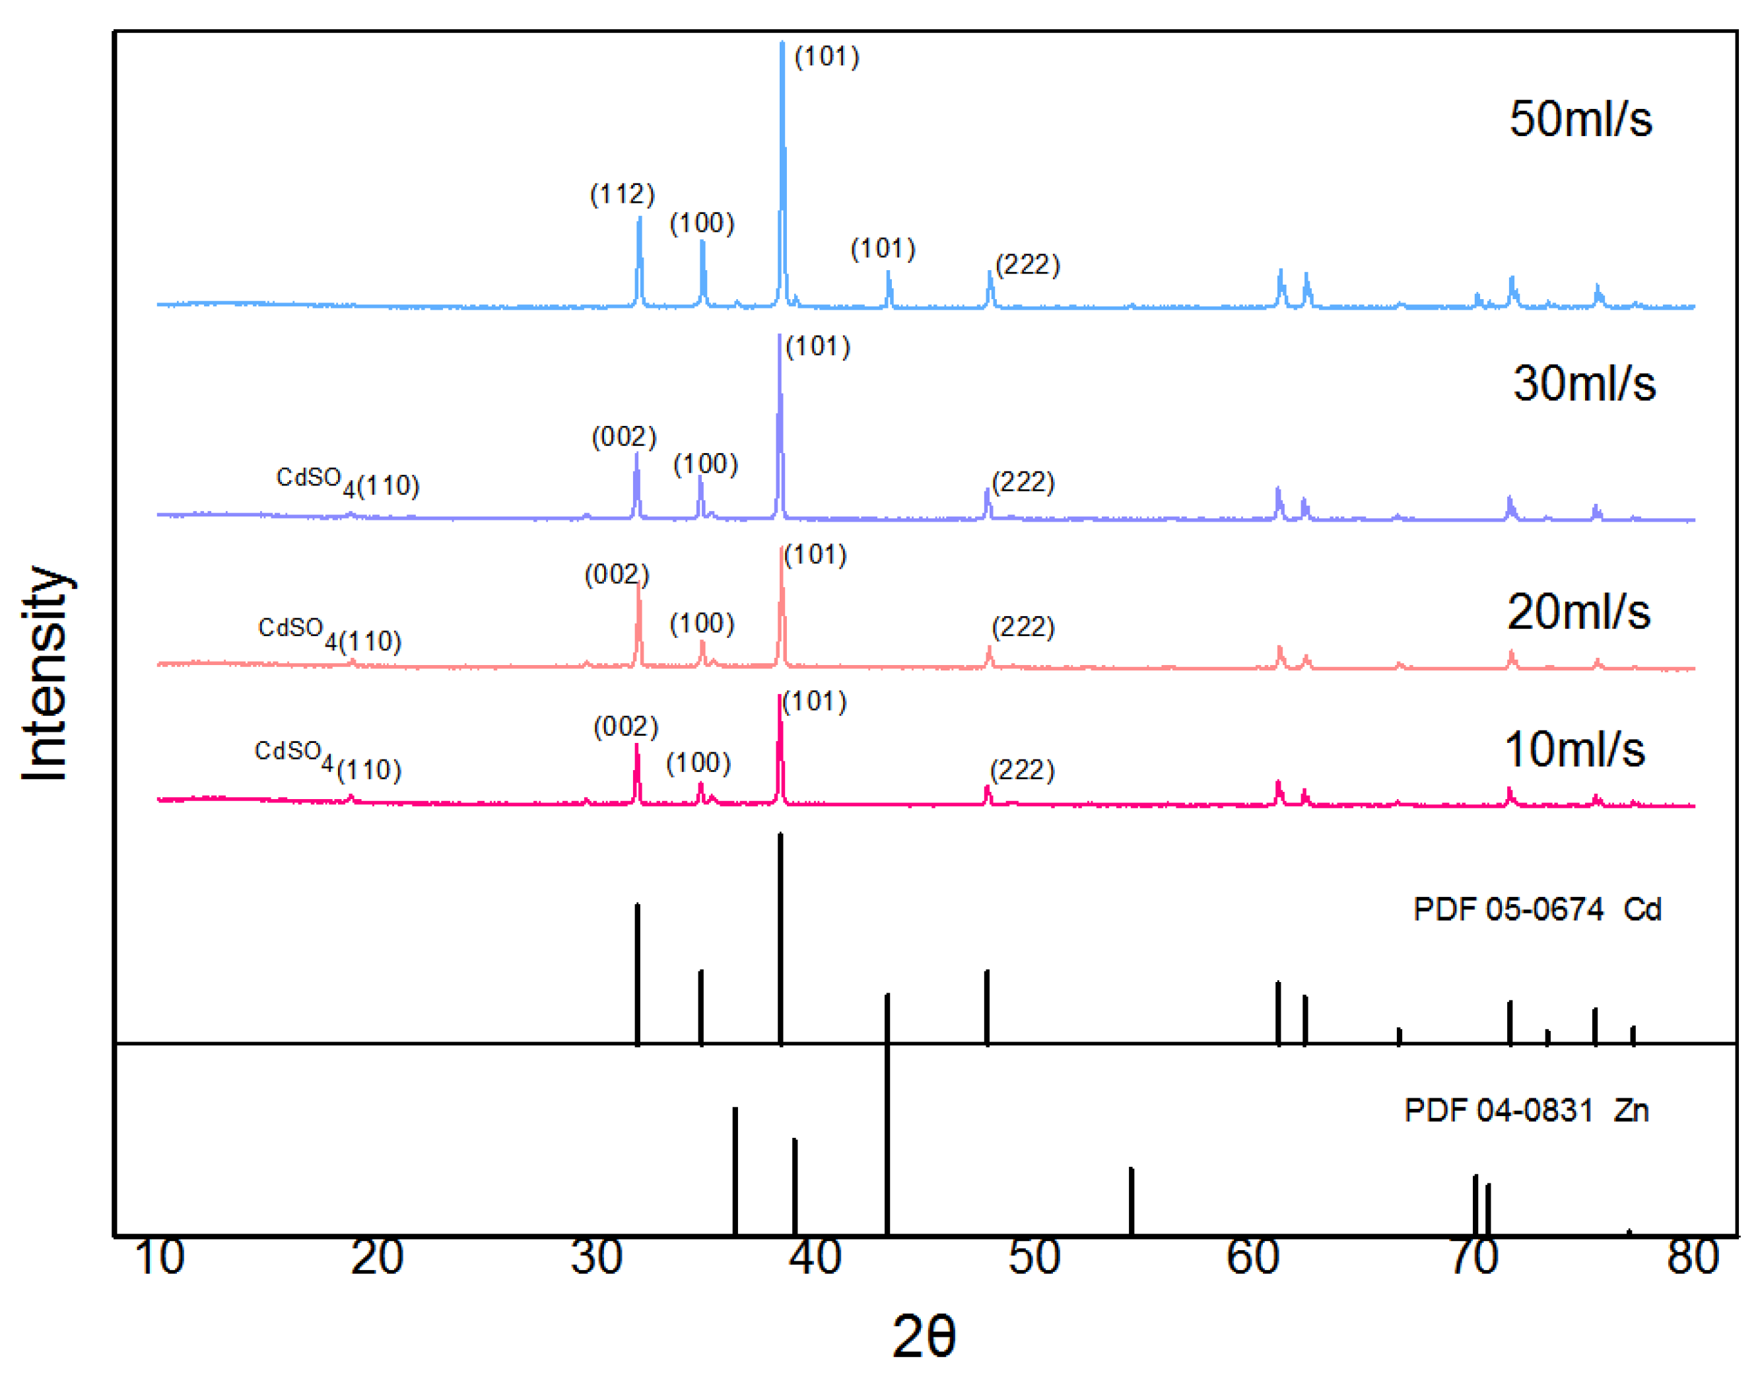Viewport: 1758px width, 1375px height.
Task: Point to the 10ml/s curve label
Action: (x=1574, y=750)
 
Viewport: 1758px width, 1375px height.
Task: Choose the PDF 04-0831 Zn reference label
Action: (x=1527, y=1111)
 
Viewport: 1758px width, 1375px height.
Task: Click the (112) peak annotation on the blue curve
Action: (x=623, y=194)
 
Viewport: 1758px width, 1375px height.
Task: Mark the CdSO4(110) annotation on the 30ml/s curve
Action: (x=348, y=481)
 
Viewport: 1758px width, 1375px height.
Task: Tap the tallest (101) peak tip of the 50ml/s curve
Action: (x=782, y=45)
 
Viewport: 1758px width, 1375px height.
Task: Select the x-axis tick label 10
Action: (x=159, y=1257)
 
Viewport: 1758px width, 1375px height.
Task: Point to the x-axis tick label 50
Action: (x=1034, y=1257)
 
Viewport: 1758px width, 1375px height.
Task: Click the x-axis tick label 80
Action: (x=1693, y=1257)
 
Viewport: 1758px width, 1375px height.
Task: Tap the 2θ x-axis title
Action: (x=924, y=1336)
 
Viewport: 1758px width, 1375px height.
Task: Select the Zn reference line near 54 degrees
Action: (x=1131, y=1201)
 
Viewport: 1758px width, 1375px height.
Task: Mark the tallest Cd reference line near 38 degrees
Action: (x=780, y=938)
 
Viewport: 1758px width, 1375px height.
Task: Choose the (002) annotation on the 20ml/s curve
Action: (x=617, y=575)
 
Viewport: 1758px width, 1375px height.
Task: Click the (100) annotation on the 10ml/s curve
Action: (x=698, y=763)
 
